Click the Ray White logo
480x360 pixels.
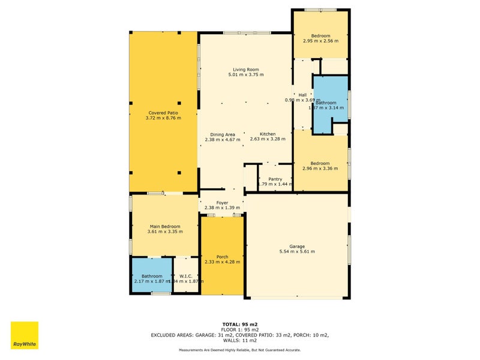[25, 335]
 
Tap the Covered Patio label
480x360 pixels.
[163, 112]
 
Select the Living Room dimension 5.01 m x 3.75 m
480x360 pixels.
[246, 74]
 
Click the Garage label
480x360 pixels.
[297, 246]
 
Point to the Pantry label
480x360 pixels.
[275, 179]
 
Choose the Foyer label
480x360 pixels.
[222, 203]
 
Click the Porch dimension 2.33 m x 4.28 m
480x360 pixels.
[222, 262]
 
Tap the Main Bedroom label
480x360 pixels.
[164, 226]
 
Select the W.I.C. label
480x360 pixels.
[185, 275]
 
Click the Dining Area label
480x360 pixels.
[222, 134]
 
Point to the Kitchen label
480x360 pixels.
[268, 134]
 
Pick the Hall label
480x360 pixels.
[302, 95]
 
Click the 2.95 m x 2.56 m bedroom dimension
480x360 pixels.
[320, 41]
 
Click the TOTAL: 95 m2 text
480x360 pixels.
[240, 324]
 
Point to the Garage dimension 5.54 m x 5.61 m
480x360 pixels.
[297, 251]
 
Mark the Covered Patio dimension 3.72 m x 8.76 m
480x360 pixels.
[163, 118]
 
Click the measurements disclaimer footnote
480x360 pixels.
[240, 350]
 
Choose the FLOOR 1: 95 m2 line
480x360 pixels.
[240, 329]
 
